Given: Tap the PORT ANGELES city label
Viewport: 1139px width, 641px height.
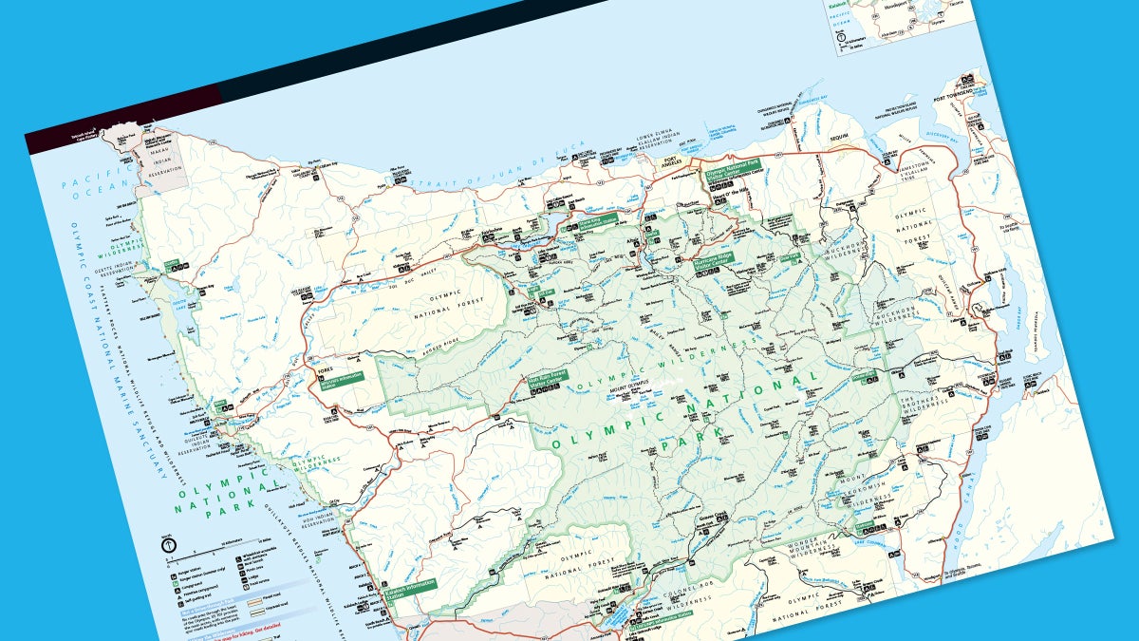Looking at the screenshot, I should (x=672, y=160).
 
